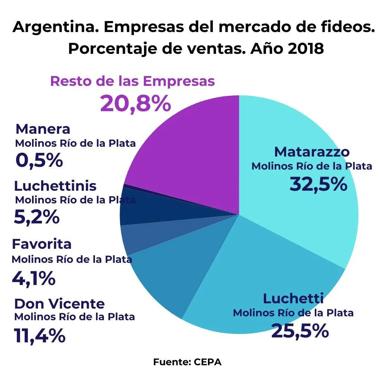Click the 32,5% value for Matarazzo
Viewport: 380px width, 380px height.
click(318, 184)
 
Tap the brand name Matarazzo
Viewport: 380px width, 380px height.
click(312, 152)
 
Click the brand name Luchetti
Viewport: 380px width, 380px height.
click(293, 299)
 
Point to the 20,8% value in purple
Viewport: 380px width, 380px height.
click(135, 104)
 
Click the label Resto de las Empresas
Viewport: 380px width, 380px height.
click(132, 81)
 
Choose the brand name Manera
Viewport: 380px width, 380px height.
click(43, 129)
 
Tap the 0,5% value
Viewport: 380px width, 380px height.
click(39, 160)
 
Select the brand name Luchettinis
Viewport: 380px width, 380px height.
click(55, 185)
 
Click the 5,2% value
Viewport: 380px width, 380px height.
click(37, 217)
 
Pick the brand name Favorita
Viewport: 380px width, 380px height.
click(42, 243)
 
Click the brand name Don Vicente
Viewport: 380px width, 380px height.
click(59, 303)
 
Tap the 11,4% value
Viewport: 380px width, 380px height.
click(40, 336)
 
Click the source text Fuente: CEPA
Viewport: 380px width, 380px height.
click(187, 362)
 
